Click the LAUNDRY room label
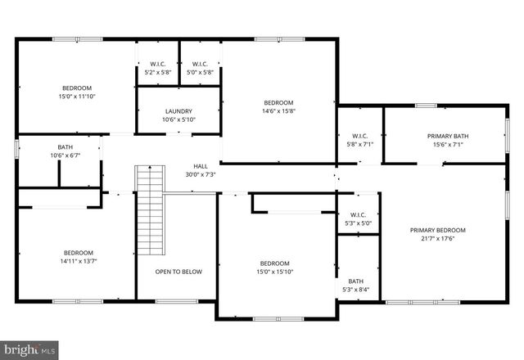[x=178, y=111]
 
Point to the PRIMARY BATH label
[x=447, y=136]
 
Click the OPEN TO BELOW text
[x=178, y=272]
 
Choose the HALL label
[x=201, y=165]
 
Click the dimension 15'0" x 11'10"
[x=76, y=97]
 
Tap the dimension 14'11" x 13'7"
[x=79, y=261]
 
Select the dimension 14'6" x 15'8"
[x=278, y=111]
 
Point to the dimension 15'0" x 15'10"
[x=274, y=272]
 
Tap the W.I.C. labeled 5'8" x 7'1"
[x=360, y=136]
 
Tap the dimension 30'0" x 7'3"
[x=201, y=174]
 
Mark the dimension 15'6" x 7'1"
[x=447, y=145]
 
